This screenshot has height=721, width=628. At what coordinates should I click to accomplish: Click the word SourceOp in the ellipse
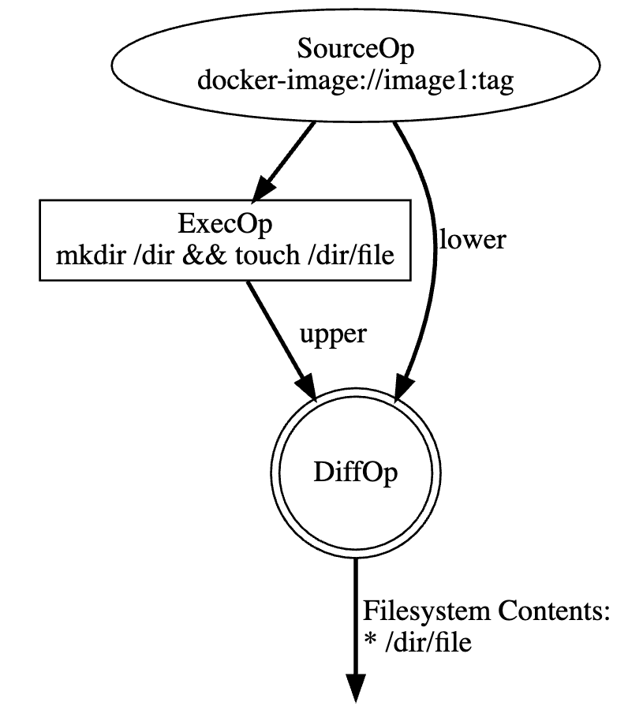pyautogui.click(x=356, y=49)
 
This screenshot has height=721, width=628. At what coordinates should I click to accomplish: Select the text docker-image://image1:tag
pyautogui.click(x=356, y=81)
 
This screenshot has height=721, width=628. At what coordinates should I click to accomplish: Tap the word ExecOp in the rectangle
pyautogui.click(x=226, y=224)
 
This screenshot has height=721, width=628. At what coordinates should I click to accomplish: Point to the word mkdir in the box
pyautogui.click(x=82, y=256)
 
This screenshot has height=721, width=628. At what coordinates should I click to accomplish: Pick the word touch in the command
pyautogui.click(x=256, y=256)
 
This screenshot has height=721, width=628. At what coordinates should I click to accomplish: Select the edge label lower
pyautogui.click(x=472, y=239)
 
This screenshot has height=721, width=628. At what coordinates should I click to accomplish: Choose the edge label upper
pyautogui.click(x=333, y=334)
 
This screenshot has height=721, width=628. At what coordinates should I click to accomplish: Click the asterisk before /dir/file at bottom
pyautogui.click(x=369, y=644)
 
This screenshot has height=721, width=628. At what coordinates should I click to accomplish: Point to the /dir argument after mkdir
pyautogui.click(x=145, y=256)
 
